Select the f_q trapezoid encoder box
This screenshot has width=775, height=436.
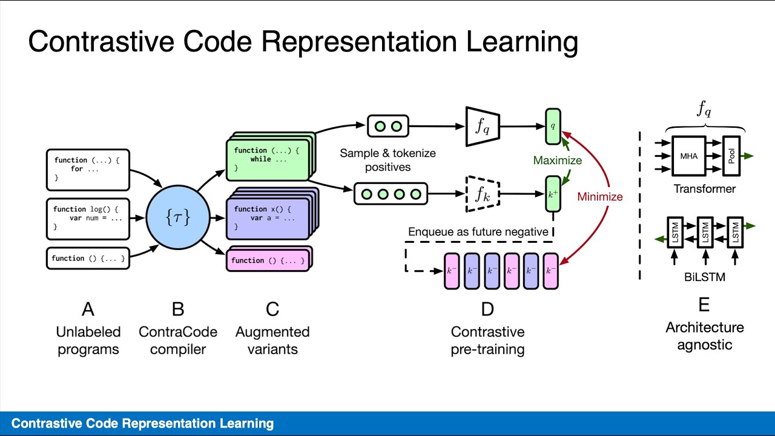(x=482, y=127)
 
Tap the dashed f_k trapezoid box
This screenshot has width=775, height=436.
(x=482, y=194)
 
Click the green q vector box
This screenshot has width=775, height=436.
(x=553, y=127)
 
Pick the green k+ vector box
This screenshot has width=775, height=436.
(x=553, y=194)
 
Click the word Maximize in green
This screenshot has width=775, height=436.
(x=557, y=160)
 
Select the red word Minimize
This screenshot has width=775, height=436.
(x=599, y=196)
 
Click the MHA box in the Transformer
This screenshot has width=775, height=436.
(x=688, y=156)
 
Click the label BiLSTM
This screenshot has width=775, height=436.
(x=704, y=277)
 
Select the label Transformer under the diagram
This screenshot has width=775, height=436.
(x=704, y=189)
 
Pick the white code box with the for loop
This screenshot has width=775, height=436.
(x=88, y=169)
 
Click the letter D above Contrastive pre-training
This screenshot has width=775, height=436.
(x=487, y=309)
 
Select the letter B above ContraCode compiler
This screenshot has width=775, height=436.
(x=177, y=309)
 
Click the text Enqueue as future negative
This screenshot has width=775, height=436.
(x=478, y=232)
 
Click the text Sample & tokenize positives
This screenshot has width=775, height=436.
(x=387, y=160)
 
